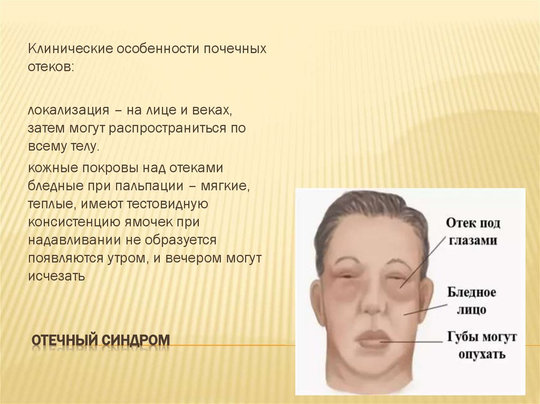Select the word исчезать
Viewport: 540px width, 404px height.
pos(57,275)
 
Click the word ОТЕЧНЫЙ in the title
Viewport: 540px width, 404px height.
pos(63,341)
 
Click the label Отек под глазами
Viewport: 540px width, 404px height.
pos(473,231)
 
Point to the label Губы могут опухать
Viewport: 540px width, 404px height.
pos(481,345)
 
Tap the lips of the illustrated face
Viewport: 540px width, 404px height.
pos(373,339)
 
